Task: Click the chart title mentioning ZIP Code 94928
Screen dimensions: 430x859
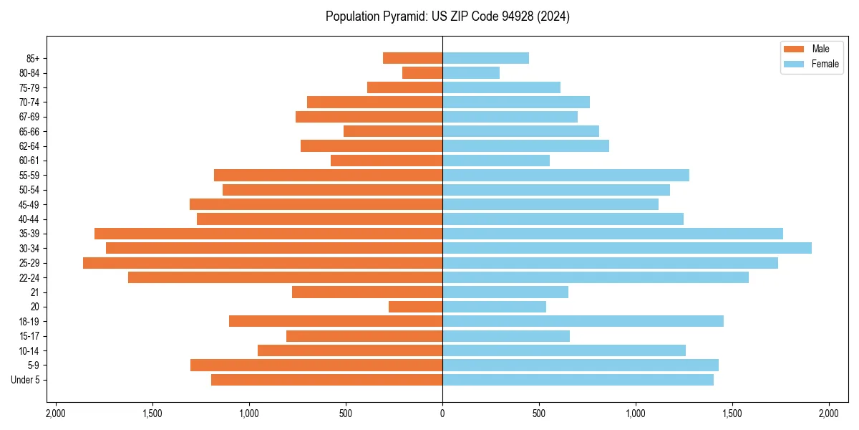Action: tap(447, 16)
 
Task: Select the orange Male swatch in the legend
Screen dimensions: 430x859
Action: tap(794, 49)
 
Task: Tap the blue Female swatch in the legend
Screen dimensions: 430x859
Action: tap(794, 64)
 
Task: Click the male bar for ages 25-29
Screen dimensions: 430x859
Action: tap(263, 263)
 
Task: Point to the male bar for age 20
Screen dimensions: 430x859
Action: tap(416, 307)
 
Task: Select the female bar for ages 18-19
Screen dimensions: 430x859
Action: tap(583, 321)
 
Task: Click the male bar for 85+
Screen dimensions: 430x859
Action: tap(413, 58)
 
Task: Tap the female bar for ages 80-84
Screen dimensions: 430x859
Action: tap(471, 72)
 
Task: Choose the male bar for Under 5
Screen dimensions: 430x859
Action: tap(327, 380)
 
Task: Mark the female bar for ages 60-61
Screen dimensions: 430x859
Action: tap(496, 161)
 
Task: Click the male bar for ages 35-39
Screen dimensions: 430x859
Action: tap(268, 234)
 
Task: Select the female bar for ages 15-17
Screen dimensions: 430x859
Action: tap(506, 336)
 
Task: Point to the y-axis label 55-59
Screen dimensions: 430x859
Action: tap(29, 176)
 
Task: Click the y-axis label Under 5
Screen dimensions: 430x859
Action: tap(26, 380)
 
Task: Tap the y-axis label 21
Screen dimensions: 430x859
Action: tap(35, 292)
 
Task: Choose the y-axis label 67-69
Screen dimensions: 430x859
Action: tap(29, 117)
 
